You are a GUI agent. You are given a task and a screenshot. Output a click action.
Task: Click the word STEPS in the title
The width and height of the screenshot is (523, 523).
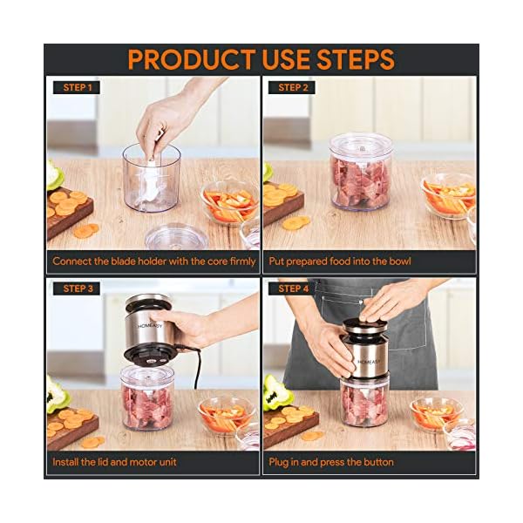click(353, 59)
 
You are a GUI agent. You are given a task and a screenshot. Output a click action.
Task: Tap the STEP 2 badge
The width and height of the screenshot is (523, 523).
click(295, 87)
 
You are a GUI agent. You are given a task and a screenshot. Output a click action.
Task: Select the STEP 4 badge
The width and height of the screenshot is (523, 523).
click(295, 288)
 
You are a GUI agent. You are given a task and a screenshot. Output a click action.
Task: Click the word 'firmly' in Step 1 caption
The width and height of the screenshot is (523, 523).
click(241, 261)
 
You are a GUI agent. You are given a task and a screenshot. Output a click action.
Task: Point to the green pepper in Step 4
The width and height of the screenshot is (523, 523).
click(276, 393)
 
